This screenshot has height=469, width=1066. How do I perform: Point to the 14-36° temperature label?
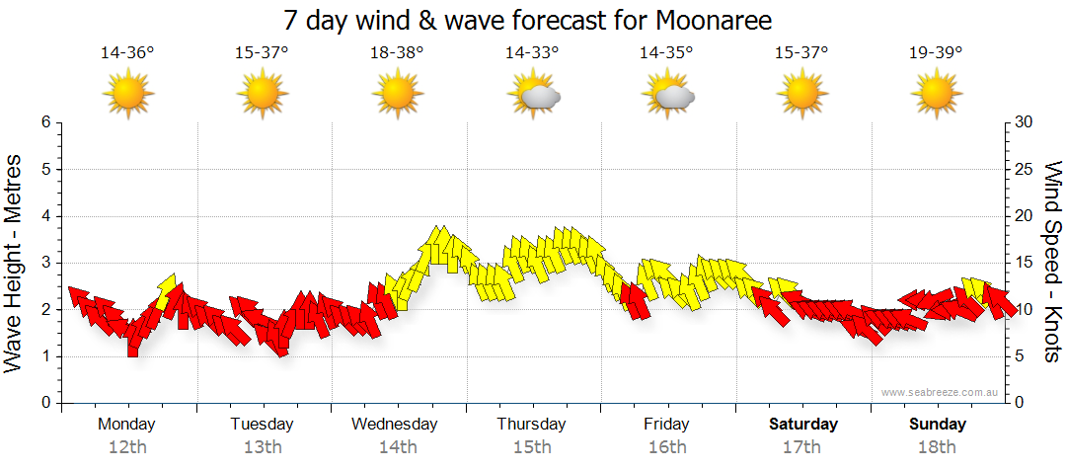(x=127, y=53)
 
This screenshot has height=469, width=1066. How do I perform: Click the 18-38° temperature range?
(x=397, y=53)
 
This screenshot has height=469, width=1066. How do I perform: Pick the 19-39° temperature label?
(x=936, y=53)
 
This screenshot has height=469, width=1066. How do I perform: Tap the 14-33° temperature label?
(x=532, y=53)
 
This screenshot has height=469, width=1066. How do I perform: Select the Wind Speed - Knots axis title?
(x=1051, y=262)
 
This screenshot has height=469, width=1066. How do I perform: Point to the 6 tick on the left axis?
(x=44, y=122)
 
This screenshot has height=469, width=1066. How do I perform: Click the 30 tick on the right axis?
(x=1025, y=122)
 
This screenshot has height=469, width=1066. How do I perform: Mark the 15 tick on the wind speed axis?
(x=1025, y=263)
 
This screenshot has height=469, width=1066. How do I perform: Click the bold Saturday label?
(x=803, y=425)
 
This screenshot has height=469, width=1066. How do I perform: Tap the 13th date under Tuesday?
(x=262, y=447)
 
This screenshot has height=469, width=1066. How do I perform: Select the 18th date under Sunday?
(x=938, y=447)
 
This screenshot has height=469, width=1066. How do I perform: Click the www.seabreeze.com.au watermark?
(x=942, y=392)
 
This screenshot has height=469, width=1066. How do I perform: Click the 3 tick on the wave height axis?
(x=44, y=263)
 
